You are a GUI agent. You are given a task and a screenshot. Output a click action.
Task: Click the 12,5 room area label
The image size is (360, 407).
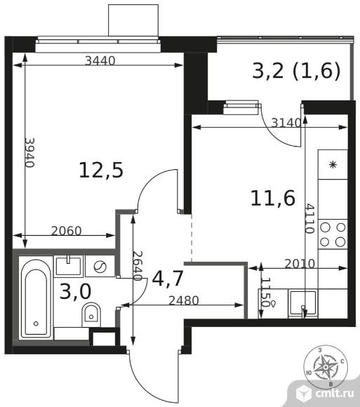coord(101,171)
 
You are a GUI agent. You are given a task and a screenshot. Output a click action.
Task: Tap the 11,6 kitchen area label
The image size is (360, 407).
coord(273,199)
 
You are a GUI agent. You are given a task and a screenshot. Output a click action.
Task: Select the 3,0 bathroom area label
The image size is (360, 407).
coord(75,291)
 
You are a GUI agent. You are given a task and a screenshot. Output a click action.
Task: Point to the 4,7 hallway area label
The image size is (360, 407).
coord(168,279)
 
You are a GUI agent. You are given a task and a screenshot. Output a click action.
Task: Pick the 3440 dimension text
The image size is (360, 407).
coord(100,61)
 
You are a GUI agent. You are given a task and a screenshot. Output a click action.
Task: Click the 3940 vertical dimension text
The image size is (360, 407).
coord(29,153)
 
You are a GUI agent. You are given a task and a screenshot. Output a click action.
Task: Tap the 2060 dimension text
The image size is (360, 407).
coord(67,231)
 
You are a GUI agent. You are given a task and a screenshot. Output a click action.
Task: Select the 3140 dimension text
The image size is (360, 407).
coord(286,123)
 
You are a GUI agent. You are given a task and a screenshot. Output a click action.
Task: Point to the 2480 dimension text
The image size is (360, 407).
coord(184,300)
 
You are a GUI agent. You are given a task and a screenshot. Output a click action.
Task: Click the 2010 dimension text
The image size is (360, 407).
coord(300,264)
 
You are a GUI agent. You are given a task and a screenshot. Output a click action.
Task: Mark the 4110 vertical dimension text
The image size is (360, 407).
coord(309,218)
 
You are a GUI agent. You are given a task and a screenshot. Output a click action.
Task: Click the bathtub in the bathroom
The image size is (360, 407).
coord(36,298)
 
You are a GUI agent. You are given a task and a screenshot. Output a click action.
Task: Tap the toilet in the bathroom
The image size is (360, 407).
coord(91,315)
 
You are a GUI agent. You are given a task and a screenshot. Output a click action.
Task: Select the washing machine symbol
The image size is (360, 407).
coord(100,267)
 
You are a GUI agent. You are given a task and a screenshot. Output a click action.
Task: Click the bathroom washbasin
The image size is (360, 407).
coord(68,266)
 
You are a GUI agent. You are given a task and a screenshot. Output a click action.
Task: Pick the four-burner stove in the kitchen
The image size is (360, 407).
coord(333,234)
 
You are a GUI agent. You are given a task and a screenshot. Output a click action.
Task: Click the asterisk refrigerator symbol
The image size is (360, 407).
coord(333,165)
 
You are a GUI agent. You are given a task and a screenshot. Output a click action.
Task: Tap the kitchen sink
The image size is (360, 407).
coord(303,303)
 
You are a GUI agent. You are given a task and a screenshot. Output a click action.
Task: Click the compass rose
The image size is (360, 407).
coord(325,367)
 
